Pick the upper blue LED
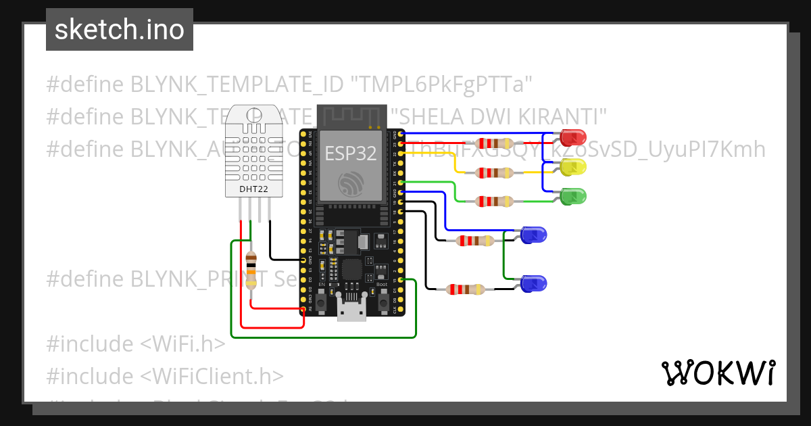[533, 235]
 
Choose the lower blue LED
[533, 283]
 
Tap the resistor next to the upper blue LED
[474, 240]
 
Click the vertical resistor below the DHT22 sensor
[251, 269]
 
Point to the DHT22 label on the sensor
[249, 189]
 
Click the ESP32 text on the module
[350, 153]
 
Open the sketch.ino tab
[120, 30]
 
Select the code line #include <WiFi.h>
[136, 344]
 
